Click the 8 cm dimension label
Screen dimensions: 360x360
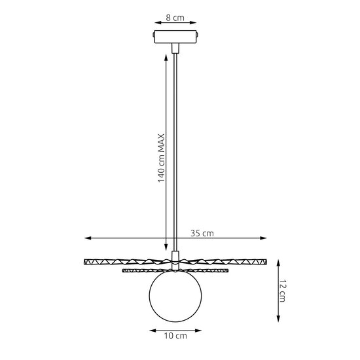(175, 18)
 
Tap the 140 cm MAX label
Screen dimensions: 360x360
(161, 158)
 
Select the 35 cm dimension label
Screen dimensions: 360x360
(202, 233)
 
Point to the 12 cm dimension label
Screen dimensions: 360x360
(282, 291)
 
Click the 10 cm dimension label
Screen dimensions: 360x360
(175, 336)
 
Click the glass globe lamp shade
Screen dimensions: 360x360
(175, 296)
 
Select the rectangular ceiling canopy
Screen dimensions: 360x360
(175, 37)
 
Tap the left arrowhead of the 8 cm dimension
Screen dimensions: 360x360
(158, 22)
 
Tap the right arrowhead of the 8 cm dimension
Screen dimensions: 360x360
(193, 22)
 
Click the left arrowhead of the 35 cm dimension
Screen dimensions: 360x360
(88, 238)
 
